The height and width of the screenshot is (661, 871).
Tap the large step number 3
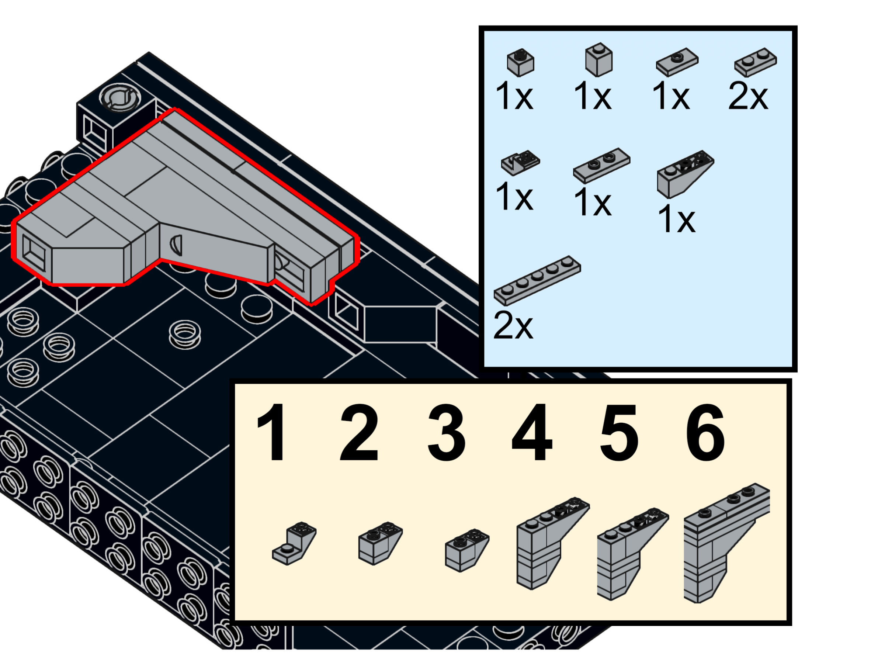coord(446,432)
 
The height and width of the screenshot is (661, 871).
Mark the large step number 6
coord(705,432)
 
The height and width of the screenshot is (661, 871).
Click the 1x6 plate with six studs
coord(537,280)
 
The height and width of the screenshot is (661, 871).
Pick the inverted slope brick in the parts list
coord(685,174)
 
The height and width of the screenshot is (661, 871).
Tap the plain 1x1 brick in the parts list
coord(598,59)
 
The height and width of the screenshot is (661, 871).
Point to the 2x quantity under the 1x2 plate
coord(748,96)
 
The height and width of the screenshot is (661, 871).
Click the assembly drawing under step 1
coord(294,544)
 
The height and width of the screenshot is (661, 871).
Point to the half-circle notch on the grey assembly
coord(176,245)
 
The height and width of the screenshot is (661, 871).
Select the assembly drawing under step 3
coord(467,550)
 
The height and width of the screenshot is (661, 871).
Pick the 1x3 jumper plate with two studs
coord(602,166)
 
